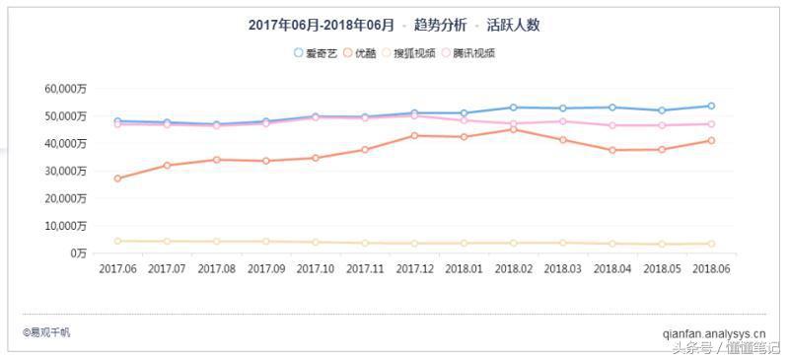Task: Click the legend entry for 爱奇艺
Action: pyautogui.click(x=315, y=52)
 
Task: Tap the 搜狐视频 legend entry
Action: pyautogui.click(x=408, y=52)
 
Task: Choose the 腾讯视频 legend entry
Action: pyautogui.click(x=467, y=52)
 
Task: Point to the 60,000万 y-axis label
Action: pyautogui.click(x=66, y=89)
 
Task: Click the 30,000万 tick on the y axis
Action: pyautogui.click(x=66, y=171)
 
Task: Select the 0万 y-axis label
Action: pyautogui.click(x=78, y=253)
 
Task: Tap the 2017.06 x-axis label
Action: pyautogui.click(x=117, y=268)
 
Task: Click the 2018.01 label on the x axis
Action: pyautogui.click(x=464, y=268)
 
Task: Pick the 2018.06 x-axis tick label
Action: pyautogui.click(x=710, y=268)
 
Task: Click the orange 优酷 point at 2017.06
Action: pyautogui.click(x=117, y=179)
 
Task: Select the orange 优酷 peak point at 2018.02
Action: pyautogui.click(x=513, y=129)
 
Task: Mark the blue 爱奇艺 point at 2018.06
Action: pyautogui.click(x=710, y=106)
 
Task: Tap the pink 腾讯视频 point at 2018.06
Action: pyautogui.click(x=710, y=124)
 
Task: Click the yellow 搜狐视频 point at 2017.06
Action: pyautogui.click(x=117, y=241)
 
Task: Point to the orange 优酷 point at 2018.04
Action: pyautogui.click(x=611, y=150)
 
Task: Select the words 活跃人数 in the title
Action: pyautogui.click(x=513, y=25)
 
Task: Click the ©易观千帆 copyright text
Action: pyautogui.click(x=46, y=332)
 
